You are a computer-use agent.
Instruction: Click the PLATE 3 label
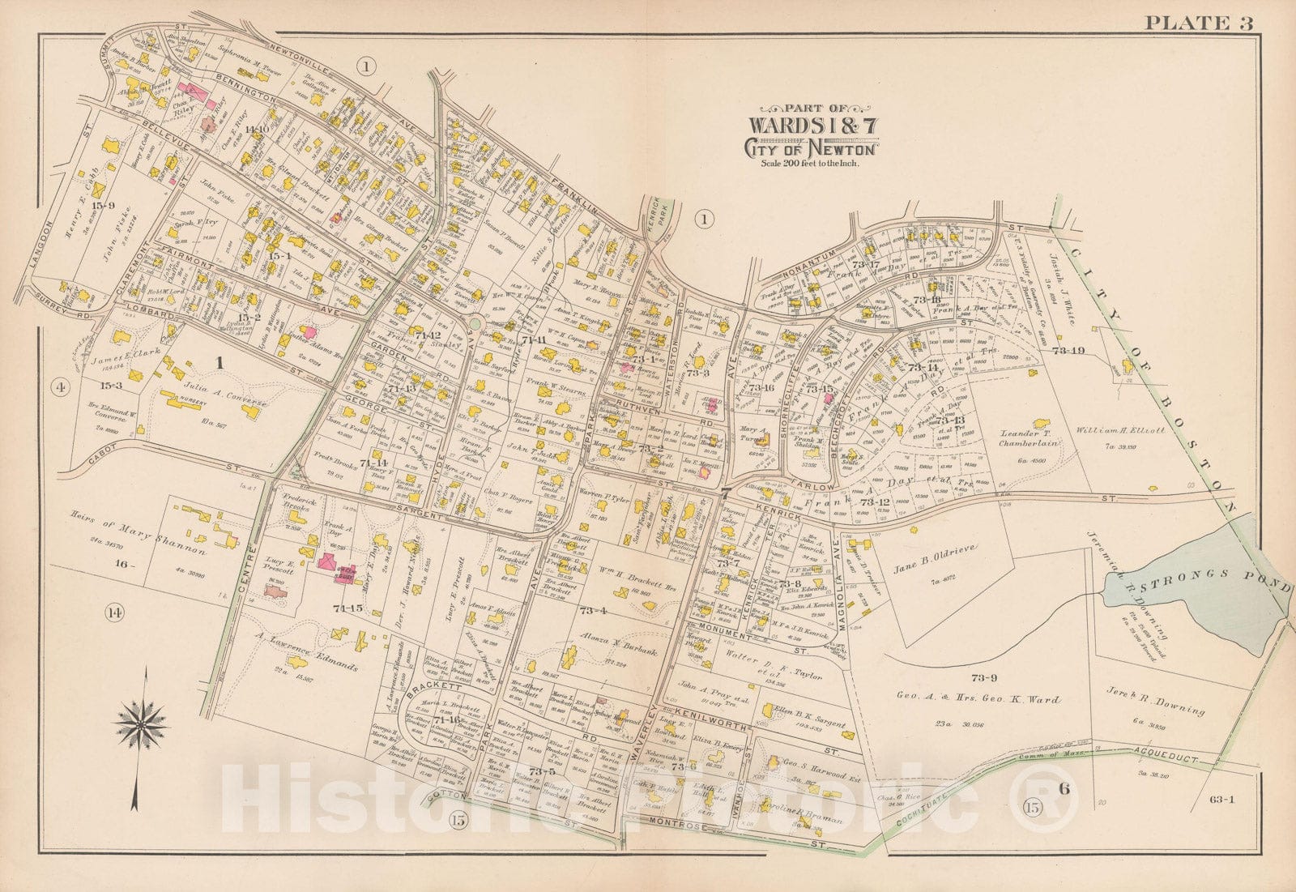[1198, 22]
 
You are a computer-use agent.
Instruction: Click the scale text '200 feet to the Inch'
[809, 163]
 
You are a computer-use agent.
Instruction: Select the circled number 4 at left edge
[59, 387]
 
